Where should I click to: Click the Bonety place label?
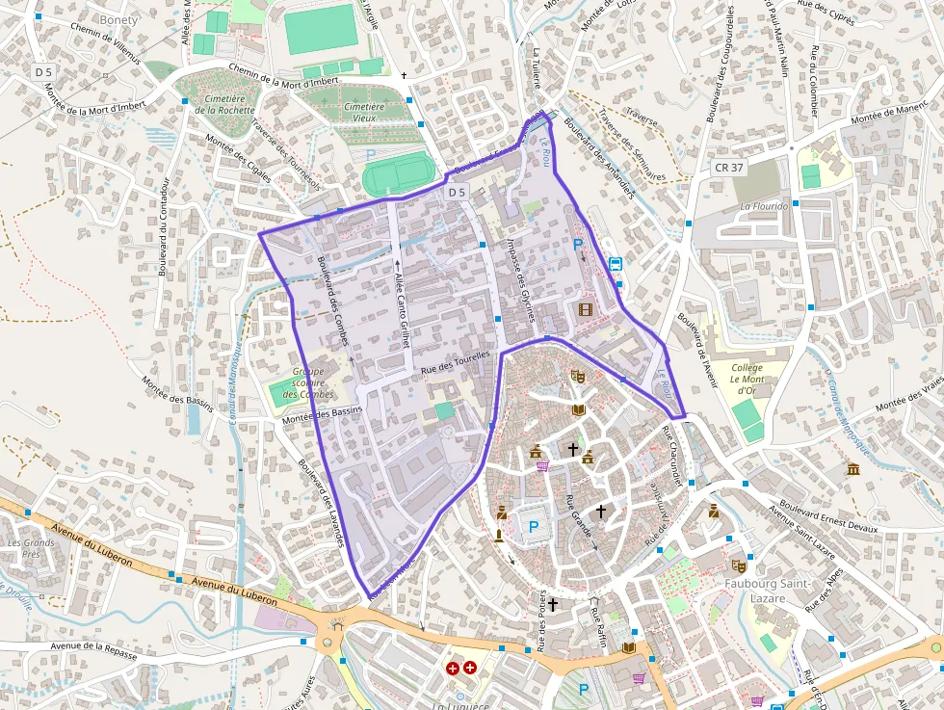[118, 19]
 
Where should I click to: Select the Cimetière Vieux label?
[364, 112]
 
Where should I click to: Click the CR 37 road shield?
[728, 168]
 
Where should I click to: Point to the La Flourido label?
[763, 206]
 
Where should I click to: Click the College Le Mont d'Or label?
[747, 379]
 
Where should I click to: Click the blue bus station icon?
[615, 264]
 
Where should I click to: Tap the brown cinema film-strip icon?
[586, 309]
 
